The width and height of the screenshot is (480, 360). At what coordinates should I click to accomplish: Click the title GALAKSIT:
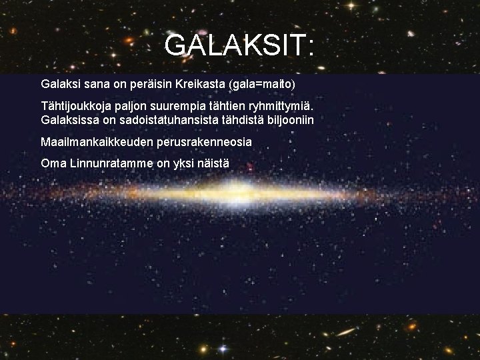tap(239, 45)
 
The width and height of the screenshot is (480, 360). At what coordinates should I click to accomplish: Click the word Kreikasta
tap(201, 85)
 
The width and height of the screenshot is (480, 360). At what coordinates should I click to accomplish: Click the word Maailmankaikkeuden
tap(97, 142)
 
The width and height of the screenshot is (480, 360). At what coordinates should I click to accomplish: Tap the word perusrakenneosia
tap(204, 142)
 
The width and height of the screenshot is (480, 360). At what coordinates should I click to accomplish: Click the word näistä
tap(211, 163)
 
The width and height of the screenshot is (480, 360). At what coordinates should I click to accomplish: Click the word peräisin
tap(154, 85)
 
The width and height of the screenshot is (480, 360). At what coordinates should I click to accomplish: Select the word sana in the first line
tap(95, 85)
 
